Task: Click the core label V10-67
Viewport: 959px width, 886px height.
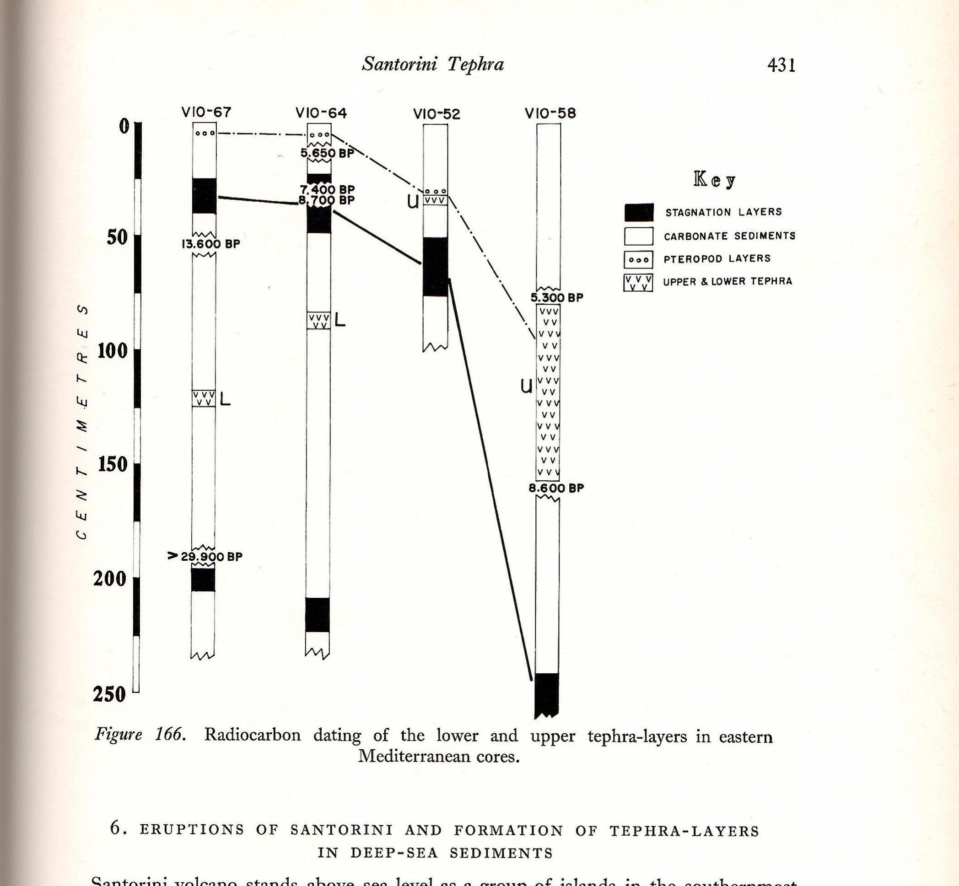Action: point(206,112)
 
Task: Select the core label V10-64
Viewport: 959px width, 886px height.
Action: point(321,113)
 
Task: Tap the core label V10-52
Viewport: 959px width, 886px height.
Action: point(436,114)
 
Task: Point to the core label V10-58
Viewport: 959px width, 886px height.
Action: point(550,113)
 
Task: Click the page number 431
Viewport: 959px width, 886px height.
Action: point(781,65)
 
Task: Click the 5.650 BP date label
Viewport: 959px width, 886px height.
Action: point(327,153)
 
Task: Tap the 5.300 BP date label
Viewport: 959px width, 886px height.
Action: point(557,298)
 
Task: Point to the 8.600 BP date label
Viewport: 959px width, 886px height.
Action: point(556,489)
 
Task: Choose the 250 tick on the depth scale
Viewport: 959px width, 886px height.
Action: point(109,694)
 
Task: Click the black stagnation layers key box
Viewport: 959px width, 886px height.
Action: point(639,212)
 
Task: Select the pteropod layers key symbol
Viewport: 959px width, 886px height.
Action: point(638,260)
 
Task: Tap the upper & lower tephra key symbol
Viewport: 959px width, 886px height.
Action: point(638,283)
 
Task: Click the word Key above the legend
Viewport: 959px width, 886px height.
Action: point(714,180)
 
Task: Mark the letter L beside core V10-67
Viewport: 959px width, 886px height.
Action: point(225,399)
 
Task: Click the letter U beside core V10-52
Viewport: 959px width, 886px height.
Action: point(412,202)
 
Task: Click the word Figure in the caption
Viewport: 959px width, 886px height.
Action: point(119,734)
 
